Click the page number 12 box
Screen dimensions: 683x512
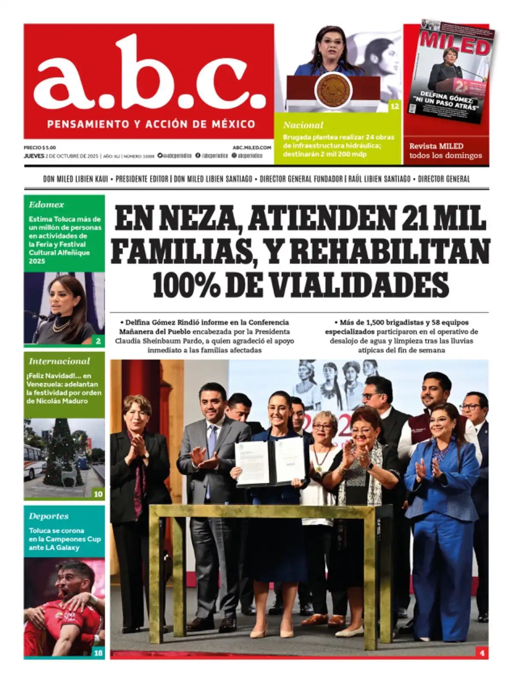click(x=394, y=106)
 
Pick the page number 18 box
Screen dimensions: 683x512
click(x=98, y=653)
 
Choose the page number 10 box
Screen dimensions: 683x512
click(x=98, y=494)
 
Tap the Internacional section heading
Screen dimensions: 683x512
click(x=59, y=361)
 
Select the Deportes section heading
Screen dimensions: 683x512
click(x=49, y=516)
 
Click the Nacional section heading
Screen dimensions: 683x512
click(x=303, y=125)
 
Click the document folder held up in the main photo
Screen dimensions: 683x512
click(x=270, y=463)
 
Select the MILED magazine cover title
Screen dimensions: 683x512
click(x=454, y=42)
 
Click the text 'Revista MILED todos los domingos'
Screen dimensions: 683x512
click(x=445, y=151)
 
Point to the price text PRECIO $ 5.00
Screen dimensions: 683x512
click(x=40, y=147)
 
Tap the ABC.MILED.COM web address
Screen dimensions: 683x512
click(x=252, y=147)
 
